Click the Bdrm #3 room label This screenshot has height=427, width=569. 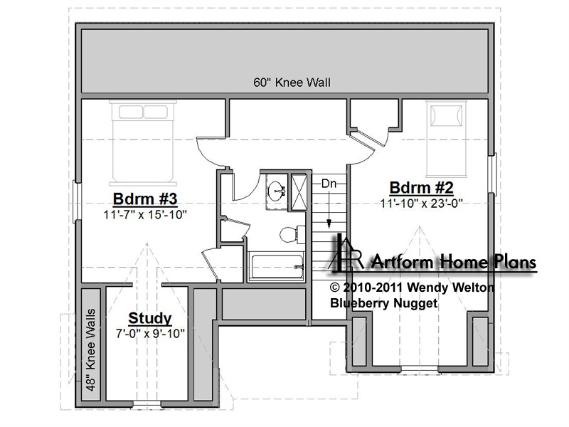pyautogui.click(x=145, y=199)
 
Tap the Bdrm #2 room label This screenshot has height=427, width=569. pyautogui.click(x=421, y=188)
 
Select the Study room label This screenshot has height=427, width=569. pyautogui.click(x=150, y=318)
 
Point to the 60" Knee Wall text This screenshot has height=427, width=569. pyautogui.click(x=292, y=83)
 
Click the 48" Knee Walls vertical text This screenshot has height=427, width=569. pyautogui.click(x=91, y=350)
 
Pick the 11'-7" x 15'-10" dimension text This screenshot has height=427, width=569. pyautogui.click(x=145, y=215)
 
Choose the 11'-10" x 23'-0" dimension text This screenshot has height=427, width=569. pyautogui.click(x=421, y=204)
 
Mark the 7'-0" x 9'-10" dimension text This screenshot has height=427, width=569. pyautogui.click(x=150, y=333)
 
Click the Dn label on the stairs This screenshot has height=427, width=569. pyautogui.click(x=329, y=184)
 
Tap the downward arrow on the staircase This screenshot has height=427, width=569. pyautogui.click(x=329, y=209)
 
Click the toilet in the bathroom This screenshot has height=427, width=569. pyautogui.click(x=292, y=235)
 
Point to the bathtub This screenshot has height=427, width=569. pyautogui.click(x=276, y=267)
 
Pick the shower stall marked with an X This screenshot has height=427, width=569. pyautogui.click(x=299, y=192)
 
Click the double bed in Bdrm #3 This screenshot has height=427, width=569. pyautogui.click(x=143, y=143)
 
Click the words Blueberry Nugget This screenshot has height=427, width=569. pyautogui.click(x=383, y=303)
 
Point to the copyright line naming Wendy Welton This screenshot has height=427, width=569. pyautogui.click(x=412, y=288)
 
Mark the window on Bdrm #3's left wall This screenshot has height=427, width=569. pyautogui.click(x=78, y=201)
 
